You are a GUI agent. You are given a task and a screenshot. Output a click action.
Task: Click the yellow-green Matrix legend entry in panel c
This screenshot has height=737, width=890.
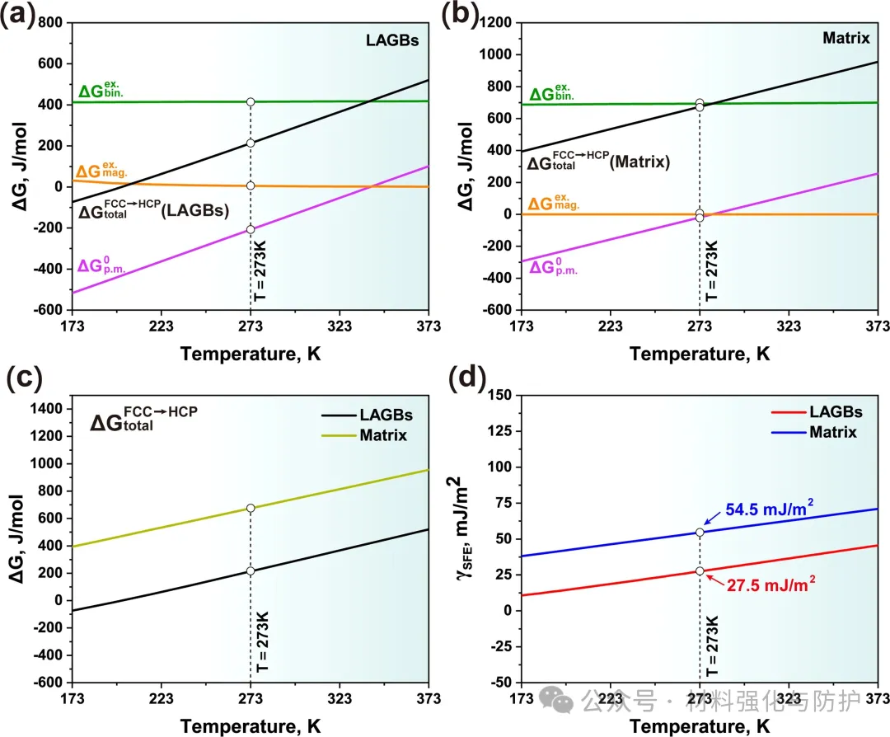(382, 434)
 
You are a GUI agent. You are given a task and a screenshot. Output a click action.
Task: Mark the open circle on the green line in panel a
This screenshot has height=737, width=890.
(251, 101)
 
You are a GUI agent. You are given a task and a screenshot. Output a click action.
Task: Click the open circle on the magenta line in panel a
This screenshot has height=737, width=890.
(251, 229)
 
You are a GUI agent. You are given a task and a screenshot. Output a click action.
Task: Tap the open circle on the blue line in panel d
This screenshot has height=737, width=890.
(700, 532)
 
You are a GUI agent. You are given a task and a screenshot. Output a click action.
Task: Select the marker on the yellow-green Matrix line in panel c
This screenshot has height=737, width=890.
(251, 508)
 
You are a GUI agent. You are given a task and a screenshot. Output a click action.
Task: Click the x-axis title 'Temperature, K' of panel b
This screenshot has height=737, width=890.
(700, 354)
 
